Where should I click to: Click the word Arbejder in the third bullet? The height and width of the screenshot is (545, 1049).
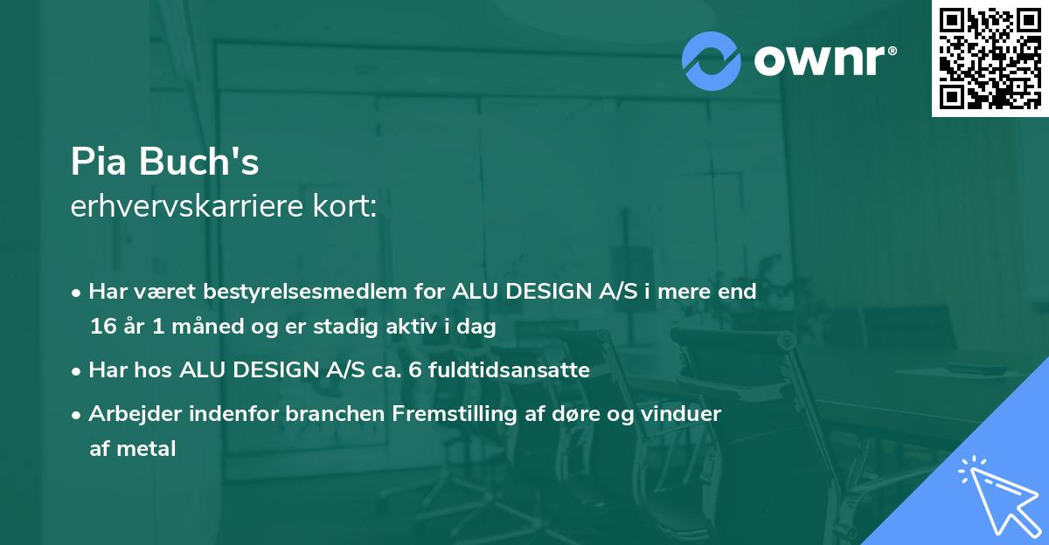pyautogui.click(x=130, y=414)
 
